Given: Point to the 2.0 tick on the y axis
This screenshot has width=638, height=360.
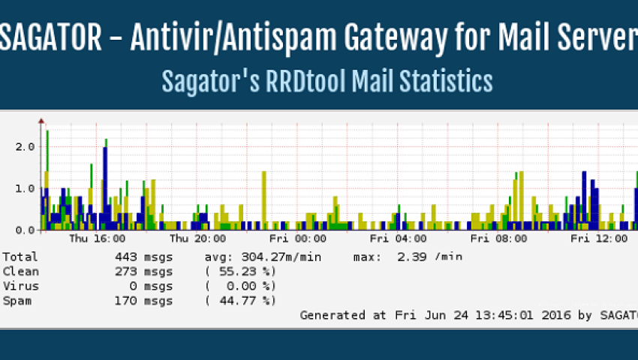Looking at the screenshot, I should (x=26, y=146).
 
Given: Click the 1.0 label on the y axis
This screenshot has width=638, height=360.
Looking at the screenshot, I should (x=26, y=187).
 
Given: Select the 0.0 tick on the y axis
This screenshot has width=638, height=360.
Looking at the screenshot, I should (x=26, y=229).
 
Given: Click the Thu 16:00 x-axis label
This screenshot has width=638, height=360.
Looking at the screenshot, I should (x=97, y=239).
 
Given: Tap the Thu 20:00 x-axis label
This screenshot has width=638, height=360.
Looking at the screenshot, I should (x=197, y=239).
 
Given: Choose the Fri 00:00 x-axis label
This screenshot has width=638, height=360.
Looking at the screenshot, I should (x=299, y=239).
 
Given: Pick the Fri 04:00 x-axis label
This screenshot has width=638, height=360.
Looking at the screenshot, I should (x=399, y=239).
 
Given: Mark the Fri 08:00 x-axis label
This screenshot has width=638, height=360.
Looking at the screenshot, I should (x=498, y=239).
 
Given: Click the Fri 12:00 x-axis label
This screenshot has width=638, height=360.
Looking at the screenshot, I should (x=598, y=239).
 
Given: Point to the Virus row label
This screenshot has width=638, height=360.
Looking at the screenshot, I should (x=21, y=286).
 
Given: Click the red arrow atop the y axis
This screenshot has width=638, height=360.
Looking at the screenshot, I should (x=41, y=119).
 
